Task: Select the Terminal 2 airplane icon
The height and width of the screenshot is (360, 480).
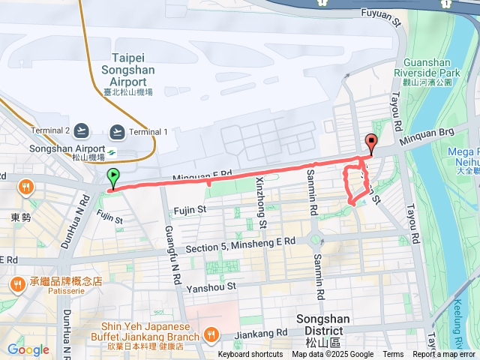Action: (82, 131)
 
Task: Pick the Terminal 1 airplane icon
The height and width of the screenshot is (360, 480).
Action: (116, 131)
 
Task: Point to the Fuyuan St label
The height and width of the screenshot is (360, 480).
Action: (382, 13)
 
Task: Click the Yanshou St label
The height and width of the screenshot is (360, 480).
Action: (211, 286)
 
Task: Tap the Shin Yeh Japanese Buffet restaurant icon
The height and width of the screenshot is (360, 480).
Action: (212, 334)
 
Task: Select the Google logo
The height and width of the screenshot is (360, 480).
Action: (28, 349)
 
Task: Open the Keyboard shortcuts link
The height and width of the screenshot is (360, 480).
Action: (250, 355)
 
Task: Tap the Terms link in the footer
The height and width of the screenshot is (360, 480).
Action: (393, 355)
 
